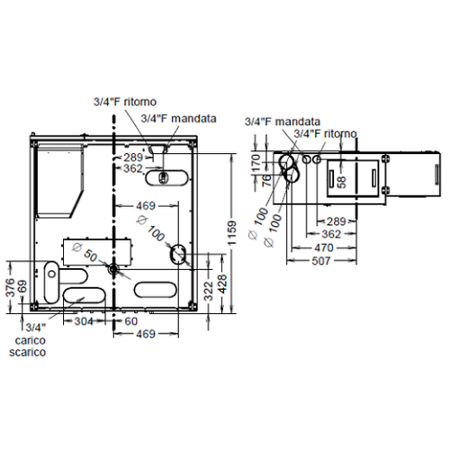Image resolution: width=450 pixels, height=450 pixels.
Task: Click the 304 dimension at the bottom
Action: click(x=83, y=321)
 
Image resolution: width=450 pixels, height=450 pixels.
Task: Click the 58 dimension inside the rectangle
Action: click(x=341, y=180)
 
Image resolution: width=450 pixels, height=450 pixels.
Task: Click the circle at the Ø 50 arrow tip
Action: click(x=112, y=267)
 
